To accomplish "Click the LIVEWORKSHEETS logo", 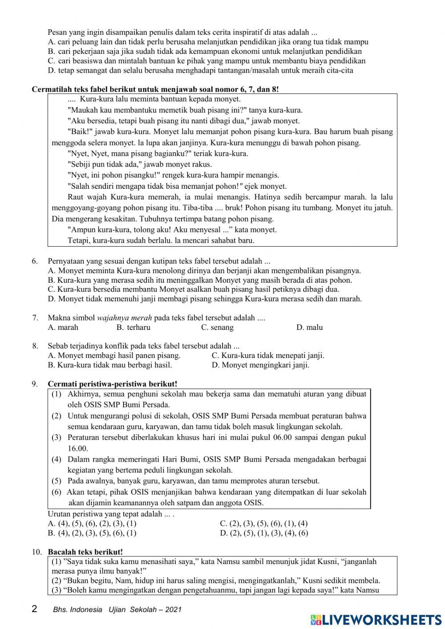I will [x=376, y=619].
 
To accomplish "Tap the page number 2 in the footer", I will [x=35, y=609].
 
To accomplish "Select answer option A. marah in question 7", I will [x=63, y=328].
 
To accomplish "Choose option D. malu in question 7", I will [x=309, y=328].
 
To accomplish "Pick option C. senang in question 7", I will [x=217, y=328].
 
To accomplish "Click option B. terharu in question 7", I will [x=133, y=328].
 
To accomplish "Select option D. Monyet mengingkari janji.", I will [x=260, y=365].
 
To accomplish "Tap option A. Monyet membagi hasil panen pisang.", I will [x=114, y=356].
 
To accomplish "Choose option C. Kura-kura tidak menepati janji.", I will [x=268, y=356].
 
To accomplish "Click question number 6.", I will [x=35, y=261].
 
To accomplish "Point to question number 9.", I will [x=35, y=384].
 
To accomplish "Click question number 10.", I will [x=36, y=552].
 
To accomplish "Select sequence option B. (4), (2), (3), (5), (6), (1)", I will [x=92, y=533].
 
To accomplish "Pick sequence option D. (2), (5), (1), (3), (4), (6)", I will [x=264, y=533].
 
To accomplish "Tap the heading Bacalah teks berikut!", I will [x=85, y=552].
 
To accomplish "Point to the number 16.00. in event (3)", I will [x=78, y=449].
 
